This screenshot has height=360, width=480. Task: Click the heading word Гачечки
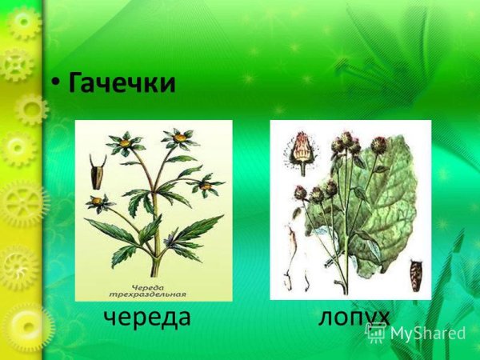(x=122, y=82)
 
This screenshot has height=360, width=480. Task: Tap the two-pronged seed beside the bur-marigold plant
(x=98, y=169)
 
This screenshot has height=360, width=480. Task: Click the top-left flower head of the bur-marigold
(x=124, y=145)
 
